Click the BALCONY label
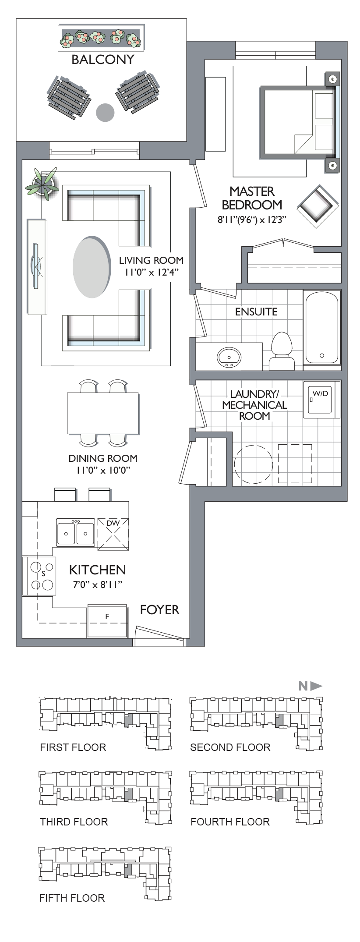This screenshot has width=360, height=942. pyautogui.click(x=102, y=60)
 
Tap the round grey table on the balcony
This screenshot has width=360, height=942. pyautogui.click(x=105, y=113)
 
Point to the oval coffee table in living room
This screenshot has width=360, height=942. pyautogui.click(x=91, y=267)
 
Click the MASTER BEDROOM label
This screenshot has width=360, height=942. pyautogui.click(x=252, y=198)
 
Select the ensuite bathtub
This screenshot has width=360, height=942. pyautogui.click(x=322, y=328)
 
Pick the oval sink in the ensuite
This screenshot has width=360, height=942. pyautogui.click(x=229, y=357)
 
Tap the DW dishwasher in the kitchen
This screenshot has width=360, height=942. pyautogui.click(x=113, y=533)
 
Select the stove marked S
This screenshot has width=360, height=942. pyautogui.click(x=39, y=576)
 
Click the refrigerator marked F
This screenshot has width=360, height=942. pyautogui.click(x=107, y=621)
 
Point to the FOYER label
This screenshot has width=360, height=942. pyautogui.click(x=159, y=610)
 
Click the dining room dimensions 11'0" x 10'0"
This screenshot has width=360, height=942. pyautogui.click(x=103, y=471)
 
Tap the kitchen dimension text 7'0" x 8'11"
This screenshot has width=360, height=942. pyautogui.click(x=98, y=584)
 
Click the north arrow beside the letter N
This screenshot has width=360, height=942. pyautogui.click(x=316, y=686)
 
